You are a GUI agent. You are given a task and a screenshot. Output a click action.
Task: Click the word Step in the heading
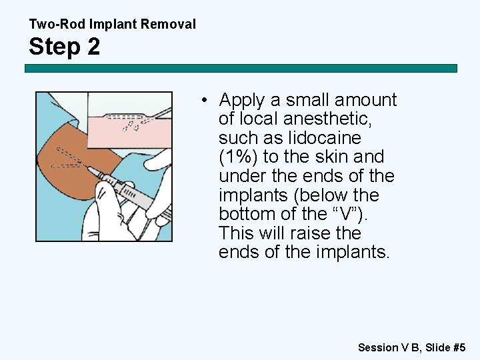55,47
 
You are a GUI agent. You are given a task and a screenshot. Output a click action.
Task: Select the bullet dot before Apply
208,101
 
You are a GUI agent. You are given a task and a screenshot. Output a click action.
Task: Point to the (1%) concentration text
238,157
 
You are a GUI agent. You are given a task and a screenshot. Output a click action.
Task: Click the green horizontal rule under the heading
240,68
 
